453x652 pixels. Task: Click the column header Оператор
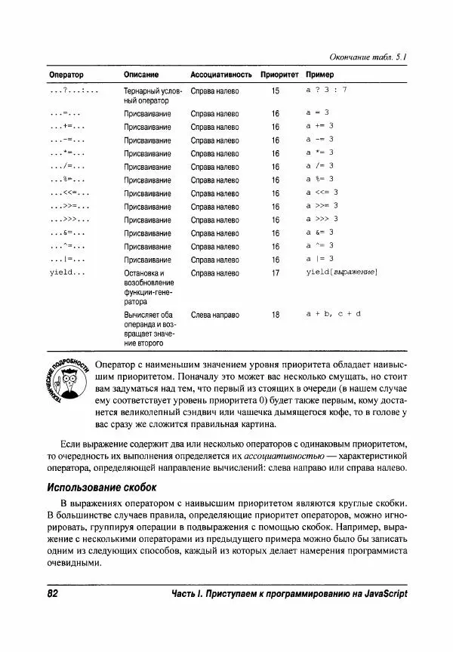click(x=66, y=75)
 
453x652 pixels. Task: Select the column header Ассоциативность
click(x=220, y=75)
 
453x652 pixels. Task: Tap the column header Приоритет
click(x=279, y=75)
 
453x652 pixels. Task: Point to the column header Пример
click(x=319, y=75)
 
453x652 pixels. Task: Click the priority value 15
click(x=275, y=91)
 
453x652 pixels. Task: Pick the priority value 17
click(x=275, y=273)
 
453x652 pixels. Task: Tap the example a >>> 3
click(x=324, y=220)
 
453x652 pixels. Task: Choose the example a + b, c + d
click(x=334, y=313)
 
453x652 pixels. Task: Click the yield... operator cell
click(x=66, y=272)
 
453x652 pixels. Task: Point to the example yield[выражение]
click(x=341, y=272)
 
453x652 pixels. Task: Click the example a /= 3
click(x=320, y=166)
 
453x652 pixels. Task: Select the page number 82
click(x=53, y=594)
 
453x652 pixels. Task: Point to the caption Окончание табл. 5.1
click(x=369, y=57)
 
